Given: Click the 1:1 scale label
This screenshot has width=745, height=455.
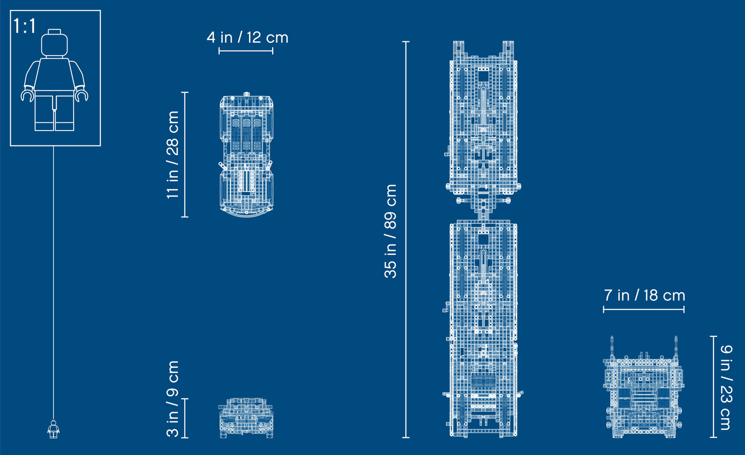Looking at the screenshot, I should click(x=25, y=26).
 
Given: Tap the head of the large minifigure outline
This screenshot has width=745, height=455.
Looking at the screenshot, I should click(x=54, y=43).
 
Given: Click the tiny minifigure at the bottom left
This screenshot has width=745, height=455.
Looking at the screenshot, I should click(x=54, y=429).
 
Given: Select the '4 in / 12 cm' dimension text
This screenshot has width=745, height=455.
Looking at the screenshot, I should click(x=247, y=38).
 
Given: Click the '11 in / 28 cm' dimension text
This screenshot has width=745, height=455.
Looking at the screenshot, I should click(x=173, y=155).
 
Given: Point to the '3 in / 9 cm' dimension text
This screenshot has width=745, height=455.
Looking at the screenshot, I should click(x=173, y=399).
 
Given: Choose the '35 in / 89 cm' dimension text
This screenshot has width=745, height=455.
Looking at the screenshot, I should click(x=391, y=231).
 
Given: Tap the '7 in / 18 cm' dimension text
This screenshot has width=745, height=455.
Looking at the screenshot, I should click(x=644, y=296).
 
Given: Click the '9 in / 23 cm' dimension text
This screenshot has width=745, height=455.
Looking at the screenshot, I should click(x=725, y=387).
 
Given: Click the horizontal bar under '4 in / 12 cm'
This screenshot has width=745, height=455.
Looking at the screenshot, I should click(x=246, y=51).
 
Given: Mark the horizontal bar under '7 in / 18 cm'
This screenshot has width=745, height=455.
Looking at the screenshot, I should click(x=643, y=310).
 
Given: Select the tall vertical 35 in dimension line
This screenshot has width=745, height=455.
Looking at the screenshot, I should click(x=406, y=240).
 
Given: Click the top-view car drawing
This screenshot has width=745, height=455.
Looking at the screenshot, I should click(x=246, y=155).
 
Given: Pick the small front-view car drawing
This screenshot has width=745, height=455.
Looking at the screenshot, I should click(x=246, y=418).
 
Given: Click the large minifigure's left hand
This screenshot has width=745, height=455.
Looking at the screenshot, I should click(x=27, y=95).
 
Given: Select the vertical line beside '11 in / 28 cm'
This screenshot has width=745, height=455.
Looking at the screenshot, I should click(x=185, y=155).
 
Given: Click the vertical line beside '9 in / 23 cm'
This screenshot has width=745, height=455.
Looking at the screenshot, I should click(x=714, y=387).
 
